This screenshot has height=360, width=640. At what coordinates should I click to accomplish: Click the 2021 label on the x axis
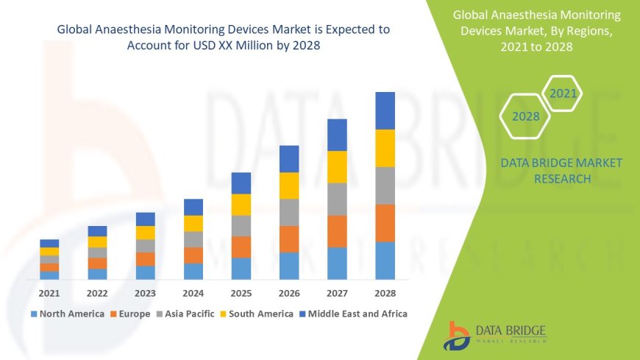click(x=49, y=293)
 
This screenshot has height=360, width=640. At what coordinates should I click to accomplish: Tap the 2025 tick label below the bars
click(x=241, y=293)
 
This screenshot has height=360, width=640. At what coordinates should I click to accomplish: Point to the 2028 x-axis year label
click(x=385, y=293)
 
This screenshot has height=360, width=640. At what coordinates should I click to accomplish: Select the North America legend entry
click(x=69, y=314)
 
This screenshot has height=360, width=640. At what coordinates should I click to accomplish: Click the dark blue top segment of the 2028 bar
click(x=385, y=110)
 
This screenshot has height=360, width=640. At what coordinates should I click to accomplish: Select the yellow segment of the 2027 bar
click(x=337, y=166)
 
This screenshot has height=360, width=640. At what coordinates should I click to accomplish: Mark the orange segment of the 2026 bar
click(x=289, y=239)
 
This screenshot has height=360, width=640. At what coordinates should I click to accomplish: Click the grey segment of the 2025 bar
click(x=241, y=225)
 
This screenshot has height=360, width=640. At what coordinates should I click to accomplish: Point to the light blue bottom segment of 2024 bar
click(x=193, y=271)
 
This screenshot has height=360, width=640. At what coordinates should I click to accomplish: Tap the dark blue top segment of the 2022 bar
click(x=97, y=231)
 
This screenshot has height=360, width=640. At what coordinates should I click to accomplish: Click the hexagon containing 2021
click(x=563, y=93)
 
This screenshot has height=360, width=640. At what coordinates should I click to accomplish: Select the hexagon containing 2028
click(x=526, y=116)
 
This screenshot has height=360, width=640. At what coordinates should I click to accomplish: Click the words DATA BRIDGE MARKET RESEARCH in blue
click(x=561, y=170)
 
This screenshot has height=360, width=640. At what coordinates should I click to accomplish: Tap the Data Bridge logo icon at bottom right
click(x=457, y=335)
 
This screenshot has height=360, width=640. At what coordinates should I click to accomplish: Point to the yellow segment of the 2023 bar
click(x=145, y=233)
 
